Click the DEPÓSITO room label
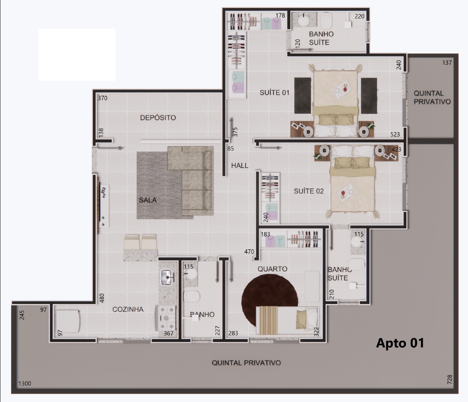tap(158, 118)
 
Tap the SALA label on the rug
tap(148, 200)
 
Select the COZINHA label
tap(128, 309)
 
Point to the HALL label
tap(240, 165)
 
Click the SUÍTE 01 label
tap(274, 93)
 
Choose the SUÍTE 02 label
tap(309, 191)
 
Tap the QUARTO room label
tap(273, 269)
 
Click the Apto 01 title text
tap(400, 343)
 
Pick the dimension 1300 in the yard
tap(25, 383)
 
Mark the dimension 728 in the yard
tap(450, 379)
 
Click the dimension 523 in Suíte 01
tap(395, 135)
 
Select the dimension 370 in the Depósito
tap(103, 98)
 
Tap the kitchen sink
tap(166, 277)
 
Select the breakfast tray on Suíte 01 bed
tap(342, 89)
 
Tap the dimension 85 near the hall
tap(231, 148)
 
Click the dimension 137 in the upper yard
tap(447, 63)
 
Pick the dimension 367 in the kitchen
tap(168, 334)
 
